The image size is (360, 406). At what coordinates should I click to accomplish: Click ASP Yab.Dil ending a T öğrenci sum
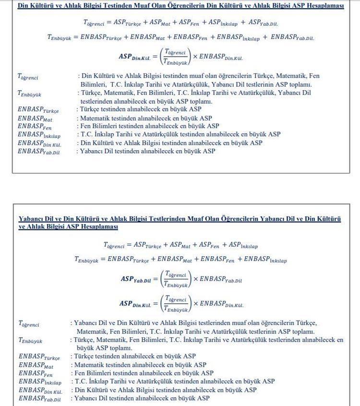(263, 23)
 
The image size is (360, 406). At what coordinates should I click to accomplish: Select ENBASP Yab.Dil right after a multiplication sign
(220, 279)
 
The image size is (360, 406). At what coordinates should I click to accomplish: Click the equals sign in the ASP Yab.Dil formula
(156, 279)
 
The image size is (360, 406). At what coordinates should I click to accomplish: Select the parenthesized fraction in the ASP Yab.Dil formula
(175, 279)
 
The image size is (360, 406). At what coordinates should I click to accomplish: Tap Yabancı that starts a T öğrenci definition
(85, 323)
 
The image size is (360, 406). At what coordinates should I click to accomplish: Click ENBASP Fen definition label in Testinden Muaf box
(34, 126)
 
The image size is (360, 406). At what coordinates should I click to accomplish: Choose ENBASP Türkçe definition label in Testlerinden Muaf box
(39, 357)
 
